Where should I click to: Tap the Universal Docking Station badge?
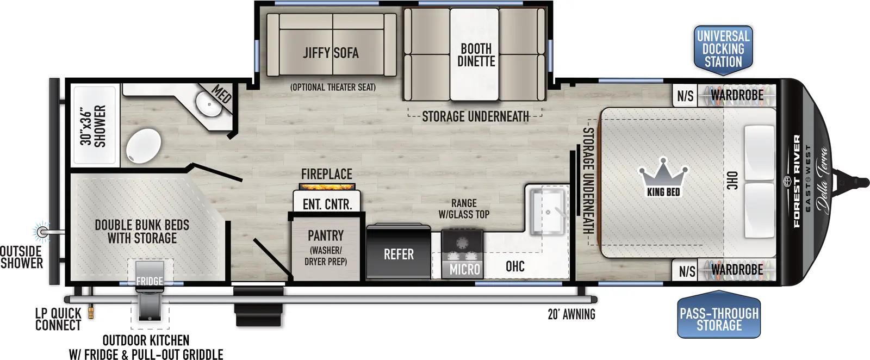pos(723,49)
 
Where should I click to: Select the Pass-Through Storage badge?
pos(719,319)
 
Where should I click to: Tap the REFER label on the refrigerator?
pos(399,255)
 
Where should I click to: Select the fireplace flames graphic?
pos(327,187)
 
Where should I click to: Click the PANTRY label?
pos(325,235)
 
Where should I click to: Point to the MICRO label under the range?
pos(464,269)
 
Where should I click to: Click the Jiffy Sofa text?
pos(331,53)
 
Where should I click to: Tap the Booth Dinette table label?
pos(476,55)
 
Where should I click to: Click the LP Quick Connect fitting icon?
pos(92,311)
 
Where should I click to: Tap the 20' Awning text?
pos(571,314)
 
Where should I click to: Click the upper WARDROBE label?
pos(737,96)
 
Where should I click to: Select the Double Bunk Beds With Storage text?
pos(142,231)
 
